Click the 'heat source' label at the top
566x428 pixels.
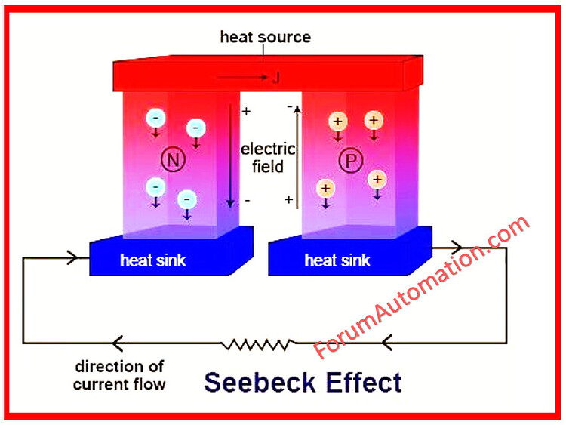[x=265, y=36]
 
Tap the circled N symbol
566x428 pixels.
[x=174, y=159]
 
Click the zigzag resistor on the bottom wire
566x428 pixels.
[x=257, y=343]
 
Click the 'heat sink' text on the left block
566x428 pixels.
[x=152, y=261]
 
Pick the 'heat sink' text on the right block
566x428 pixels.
[x=337, y=261]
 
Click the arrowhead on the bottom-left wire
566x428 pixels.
[x=117, y=343]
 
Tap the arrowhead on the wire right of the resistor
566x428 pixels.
[x=387, y=343]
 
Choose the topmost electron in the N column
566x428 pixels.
[x=155, y=119]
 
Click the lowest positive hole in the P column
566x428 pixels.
[x=325, y=189]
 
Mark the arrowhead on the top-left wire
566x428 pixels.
[x=73, y=257]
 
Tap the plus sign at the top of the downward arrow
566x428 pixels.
[x=245, y=112]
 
